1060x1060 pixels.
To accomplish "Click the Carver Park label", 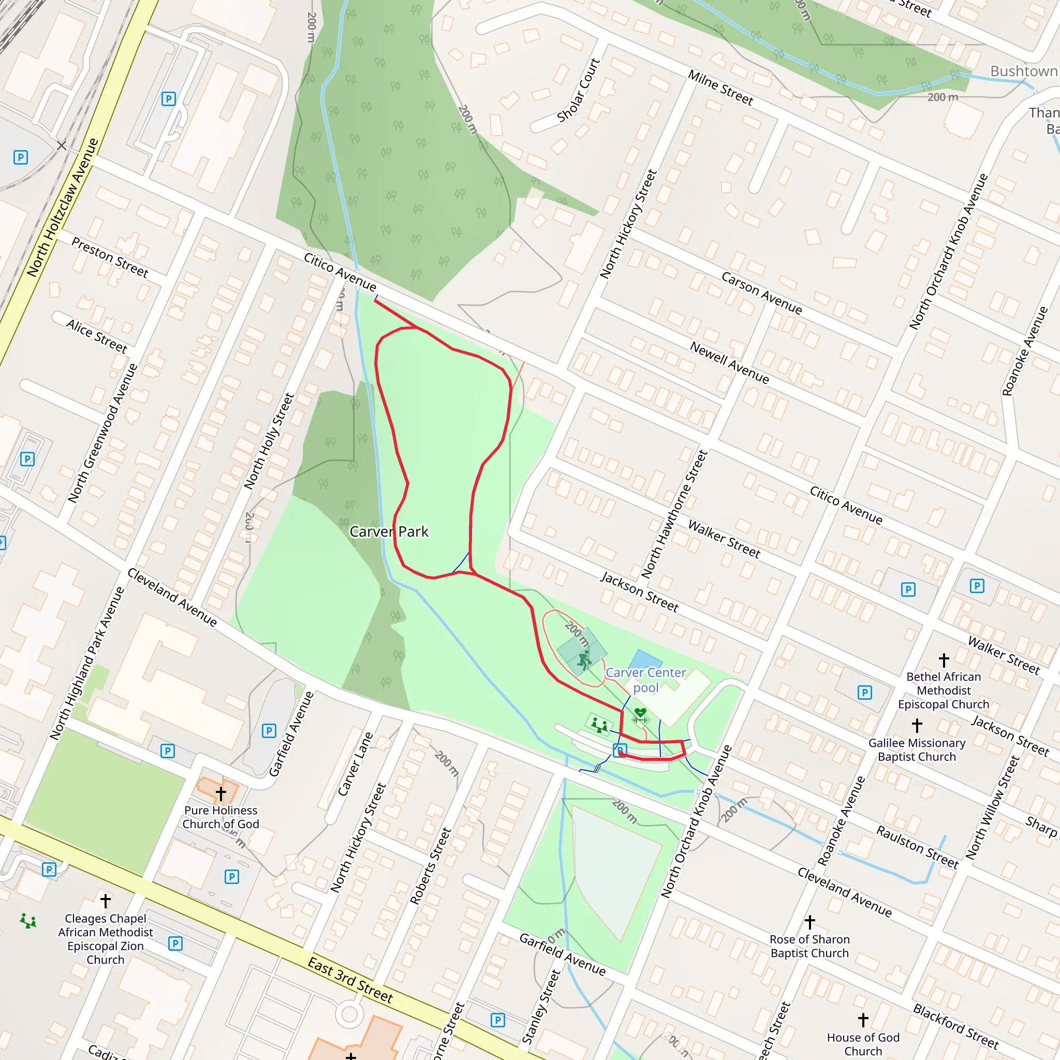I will (389, 531).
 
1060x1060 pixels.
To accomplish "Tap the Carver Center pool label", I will (646, 680).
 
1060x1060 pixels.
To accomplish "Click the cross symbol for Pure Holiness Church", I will (220, 793).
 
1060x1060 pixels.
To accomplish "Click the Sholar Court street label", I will (578, 91).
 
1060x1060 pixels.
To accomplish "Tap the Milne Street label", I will (720, 88).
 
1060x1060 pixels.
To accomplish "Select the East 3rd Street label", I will (350, 980).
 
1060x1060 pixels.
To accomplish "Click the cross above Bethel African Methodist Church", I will (944, 659).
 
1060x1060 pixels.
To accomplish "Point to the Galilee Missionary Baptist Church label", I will (917, 749).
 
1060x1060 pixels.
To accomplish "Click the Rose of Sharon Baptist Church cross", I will (810, 922).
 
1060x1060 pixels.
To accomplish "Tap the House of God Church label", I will (863, 1043).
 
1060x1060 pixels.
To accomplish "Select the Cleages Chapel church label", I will (106, 939).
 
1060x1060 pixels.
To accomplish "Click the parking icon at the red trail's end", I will (620, 749).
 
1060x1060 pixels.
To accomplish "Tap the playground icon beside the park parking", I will (599, 725).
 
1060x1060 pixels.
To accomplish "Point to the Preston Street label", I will (110, 257).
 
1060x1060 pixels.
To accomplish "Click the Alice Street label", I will (97, 336).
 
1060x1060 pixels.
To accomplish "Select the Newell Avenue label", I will (729, 362).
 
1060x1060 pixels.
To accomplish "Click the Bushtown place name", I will (1024, 71).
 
